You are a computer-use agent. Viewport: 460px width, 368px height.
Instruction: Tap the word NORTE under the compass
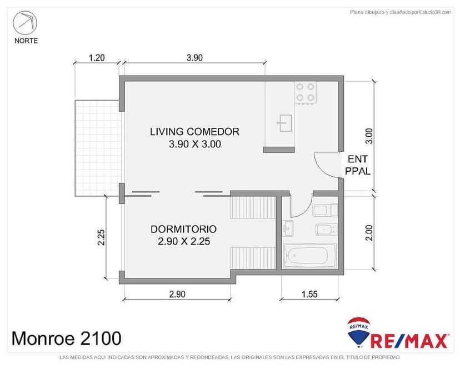click(x=26, y=41)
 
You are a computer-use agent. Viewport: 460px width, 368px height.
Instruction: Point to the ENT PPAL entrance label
click(x=358, y=165)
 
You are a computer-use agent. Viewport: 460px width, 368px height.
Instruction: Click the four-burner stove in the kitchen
click(x=306, y=92)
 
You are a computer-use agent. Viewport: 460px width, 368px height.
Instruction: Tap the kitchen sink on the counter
click(x=285, y=123)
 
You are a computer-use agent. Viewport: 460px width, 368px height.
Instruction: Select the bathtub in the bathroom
click(x=308, y=256)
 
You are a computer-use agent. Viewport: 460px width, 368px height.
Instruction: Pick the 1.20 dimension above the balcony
click(x=97, y=58)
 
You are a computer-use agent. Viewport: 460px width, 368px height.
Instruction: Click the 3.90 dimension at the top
click(x=194, y=58)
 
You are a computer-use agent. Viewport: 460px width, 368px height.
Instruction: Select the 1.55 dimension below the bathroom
click(x=309, y=294)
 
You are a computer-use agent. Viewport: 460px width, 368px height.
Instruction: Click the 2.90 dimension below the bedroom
click(x=177, y=294)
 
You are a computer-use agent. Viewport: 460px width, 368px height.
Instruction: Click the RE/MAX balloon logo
click(x=358, y=331)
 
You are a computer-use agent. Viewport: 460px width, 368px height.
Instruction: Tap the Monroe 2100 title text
click(x=66, y=337)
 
